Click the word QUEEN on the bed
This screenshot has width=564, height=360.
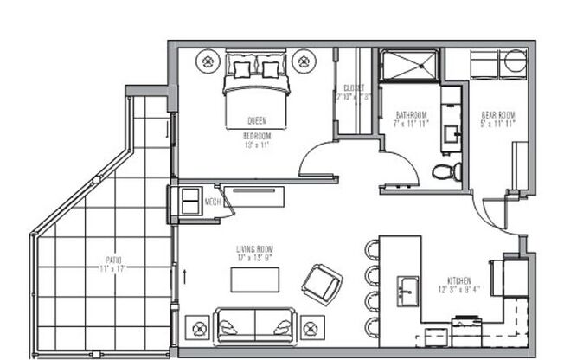[256, 120]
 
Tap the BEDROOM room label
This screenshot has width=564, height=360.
[256, 135]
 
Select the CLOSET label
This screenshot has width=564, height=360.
[353, 87]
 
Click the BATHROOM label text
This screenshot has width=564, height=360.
[411, 115]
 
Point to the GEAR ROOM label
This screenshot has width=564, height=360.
[498, 115]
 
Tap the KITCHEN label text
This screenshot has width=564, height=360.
[459, 280]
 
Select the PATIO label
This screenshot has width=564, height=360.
[108, 260]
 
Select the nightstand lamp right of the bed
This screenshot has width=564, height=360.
[304, 61]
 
